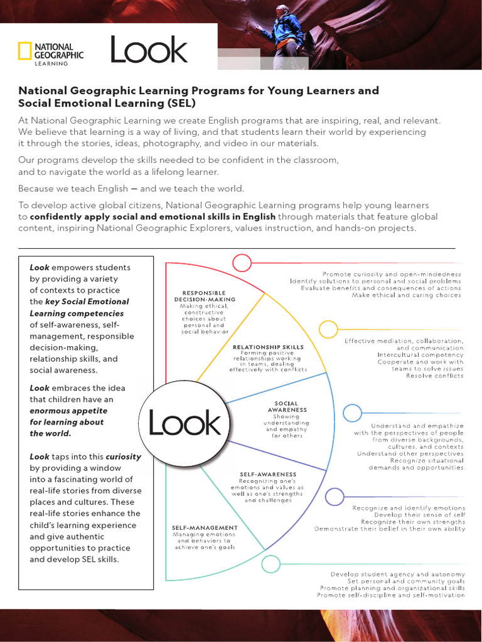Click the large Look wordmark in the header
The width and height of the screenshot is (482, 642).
[149, 50]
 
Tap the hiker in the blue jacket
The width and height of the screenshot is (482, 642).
[288, 28]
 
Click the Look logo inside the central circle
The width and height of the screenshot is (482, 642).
[185, 424]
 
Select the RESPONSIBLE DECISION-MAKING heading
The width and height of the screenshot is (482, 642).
[204, 296]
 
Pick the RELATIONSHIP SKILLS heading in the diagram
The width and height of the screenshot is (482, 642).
[268, 347]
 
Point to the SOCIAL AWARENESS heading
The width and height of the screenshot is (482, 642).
[287, 406]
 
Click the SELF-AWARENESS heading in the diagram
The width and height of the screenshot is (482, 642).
[268, 474]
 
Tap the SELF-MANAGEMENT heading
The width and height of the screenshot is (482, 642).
[205, 528]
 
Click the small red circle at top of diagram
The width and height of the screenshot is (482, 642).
[242, 263]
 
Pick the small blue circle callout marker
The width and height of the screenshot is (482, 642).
[352, 413]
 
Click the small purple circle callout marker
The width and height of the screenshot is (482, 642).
[334, 497]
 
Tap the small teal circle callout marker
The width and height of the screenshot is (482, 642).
[271, 564]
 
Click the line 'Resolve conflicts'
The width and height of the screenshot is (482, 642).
[434, 376]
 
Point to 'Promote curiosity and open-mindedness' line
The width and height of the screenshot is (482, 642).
[392, 275]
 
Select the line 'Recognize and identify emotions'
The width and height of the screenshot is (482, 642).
[409, 508]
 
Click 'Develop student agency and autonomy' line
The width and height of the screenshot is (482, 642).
[398, 574]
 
